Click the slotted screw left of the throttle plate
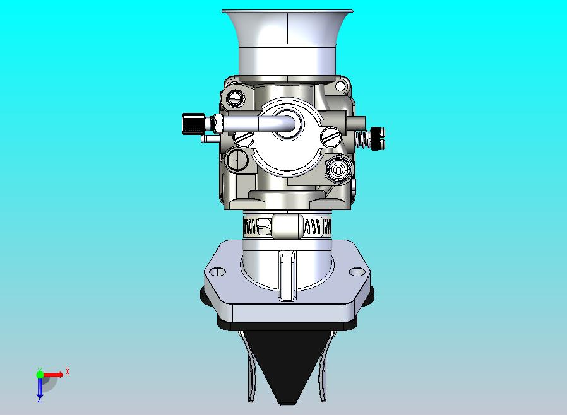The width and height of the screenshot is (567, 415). (x=244, y=137)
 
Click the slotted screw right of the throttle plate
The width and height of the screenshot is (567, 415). (x=330, y=136)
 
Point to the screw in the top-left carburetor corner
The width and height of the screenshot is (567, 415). (x=237, y=98)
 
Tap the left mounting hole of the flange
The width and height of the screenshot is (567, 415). (x=217, y=272)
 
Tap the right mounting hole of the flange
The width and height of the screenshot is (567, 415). (x=358, y=272)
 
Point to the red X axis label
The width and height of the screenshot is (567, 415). (x=68, y=371)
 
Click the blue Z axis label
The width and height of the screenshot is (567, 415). (x=39, y=399)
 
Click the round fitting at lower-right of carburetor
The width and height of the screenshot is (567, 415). (x=338, y=169)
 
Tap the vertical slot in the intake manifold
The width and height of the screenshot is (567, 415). (x=287, y=274)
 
